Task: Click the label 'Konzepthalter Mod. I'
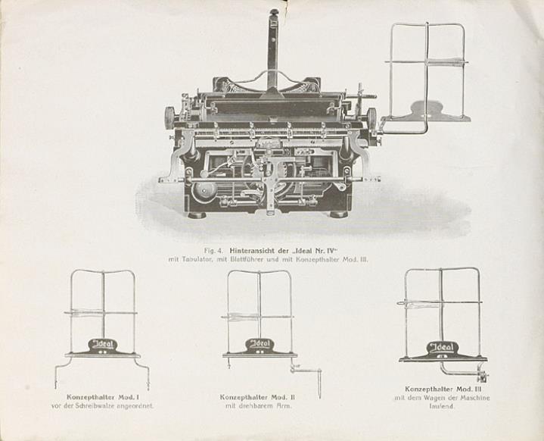click(101, 397)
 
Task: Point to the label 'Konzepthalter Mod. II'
click(258, 397)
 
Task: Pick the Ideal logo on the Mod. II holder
click(260, 346)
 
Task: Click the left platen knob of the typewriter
click(169, 117)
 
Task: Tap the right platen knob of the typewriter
click(371, 118)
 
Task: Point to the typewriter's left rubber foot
click(197, 214)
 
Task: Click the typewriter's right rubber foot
click(338, 214)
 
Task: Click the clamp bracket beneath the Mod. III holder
click(480, 376)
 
